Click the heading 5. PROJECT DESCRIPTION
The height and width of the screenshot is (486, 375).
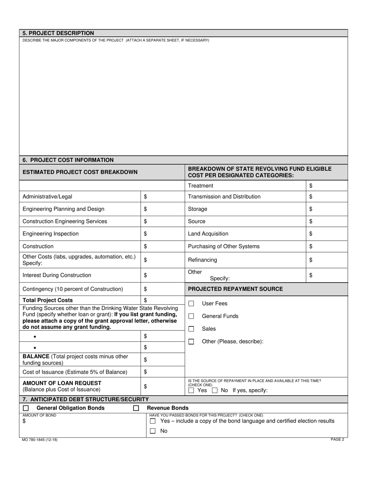(58, 33)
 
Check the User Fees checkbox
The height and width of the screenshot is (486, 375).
(191, 303)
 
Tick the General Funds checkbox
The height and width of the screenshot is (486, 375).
(191, 316)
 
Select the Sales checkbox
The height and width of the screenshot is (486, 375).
(191, 329)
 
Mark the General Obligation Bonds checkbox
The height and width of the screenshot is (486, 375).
(26, 408)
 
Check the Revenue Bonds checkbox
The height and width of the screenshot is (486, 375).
(136, 408)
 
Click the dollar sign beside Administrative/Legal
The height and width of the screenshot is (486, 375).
(145, 196)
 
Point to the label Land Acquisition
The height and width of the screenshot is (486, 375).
(208, 234)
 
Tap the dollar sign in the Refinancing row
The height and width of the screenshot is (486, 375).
(311, 260)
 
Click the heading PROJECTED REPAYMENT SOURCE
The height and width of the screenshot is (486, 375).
(235, 289)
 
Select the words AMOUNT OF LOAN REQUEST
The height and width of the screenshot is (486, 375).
(62, 383)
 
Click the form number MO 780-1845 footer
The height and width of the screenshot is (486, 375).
(40, 440)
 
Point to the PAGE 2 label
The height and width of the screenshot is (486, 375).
(337, 439)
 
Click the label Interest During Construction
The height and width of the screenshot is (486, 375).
(57, 275)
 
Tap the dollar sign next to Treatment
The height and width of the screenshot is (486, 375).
(311, 186)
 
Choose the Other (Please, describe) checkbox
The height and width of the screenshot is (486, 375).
(191, 341)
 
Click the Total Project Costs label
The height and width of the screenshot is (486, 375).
(48, 300)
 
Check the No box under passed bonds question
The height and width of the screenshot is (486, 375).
(153, 431)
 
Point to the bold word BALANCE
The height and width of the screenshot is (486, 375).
(36, 356)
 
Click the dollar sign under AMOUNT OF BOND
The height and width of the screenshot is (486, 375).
(24, 422)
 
